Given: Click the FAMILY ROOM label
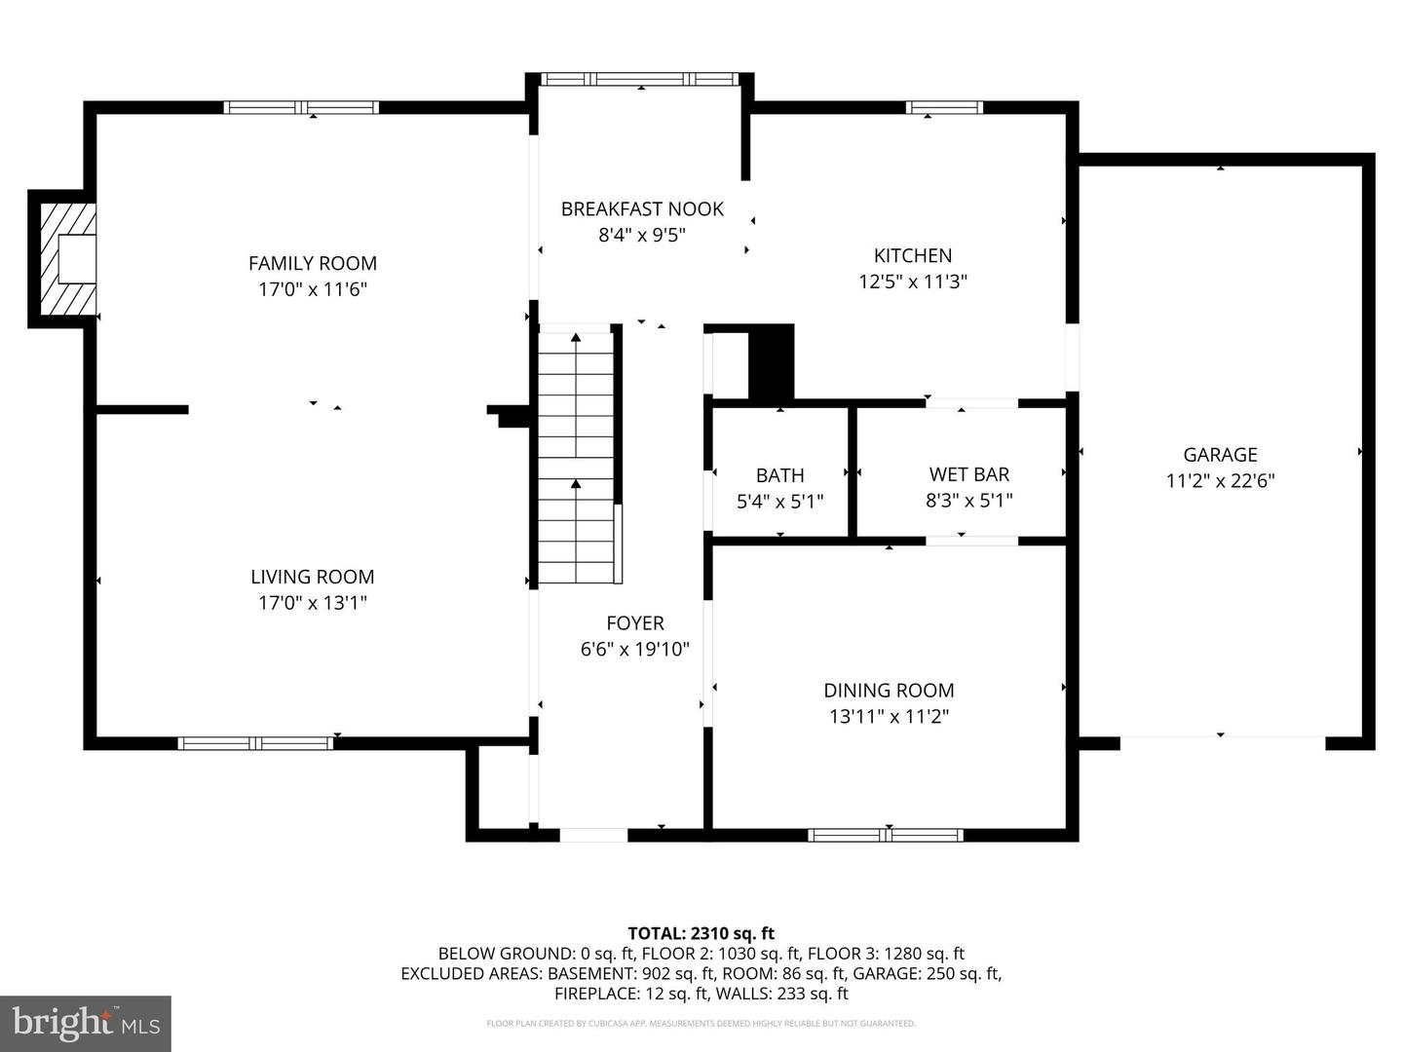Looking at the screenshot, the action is pyautogui.click(x=312, y=263).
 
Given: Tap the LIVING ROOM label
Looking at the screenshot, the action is pyautogui.click(x=312, y=577).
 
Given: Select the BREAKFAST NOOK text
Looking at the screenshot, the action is pyautogui.click(x=642, y=208).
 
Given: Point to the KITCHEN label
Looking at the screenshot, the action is pyautogui.click(x=913, y=255).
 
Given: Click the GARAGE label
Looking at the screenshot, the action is pyautogui.click(x=1220, y=455).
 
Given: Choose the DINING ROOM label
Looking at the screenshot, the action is pyautogui.click(x=889, y=691).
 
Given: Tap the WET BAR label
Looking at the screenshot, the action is pyautogui.click(x=969, y=474).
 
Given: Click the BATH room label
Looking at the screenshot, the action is pyautogui.click(x=779, y=475).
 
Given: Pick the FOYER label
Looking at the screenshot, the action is pyautogui.click(x=634, y=622).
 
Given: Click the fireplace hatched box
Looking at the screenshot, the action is pyautogui.click(x=68, y=259).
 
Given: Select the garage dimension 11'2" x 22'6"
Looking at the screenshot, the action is pyautogui.click(x=1220, y=480).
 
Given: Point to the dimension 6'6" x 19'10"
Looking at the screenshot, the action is pyautogui.click(x=634, y=649).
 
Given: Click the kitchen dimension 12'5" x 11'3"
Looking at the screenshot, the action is pyautogui.click(x=913, y=282).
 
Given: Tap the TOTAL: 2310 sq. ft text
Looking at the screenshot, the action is pyautogui.click(x=701, y=934).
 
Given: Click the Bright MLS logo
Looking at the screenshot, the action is pyautogui.click(x=86, y=1023).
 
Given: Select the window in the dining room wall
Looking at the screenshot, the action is pyautogui.click(x=886, y=835).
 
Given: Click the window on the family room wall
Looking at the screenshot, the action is pyautogui.click(x=301, y=107).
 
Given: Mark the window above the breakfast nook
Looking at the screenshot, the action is pyautogui.click(x=640, y=79).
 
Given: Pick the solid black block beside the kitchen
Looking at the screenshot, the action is pyautogui.click(x=771, y=361).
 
